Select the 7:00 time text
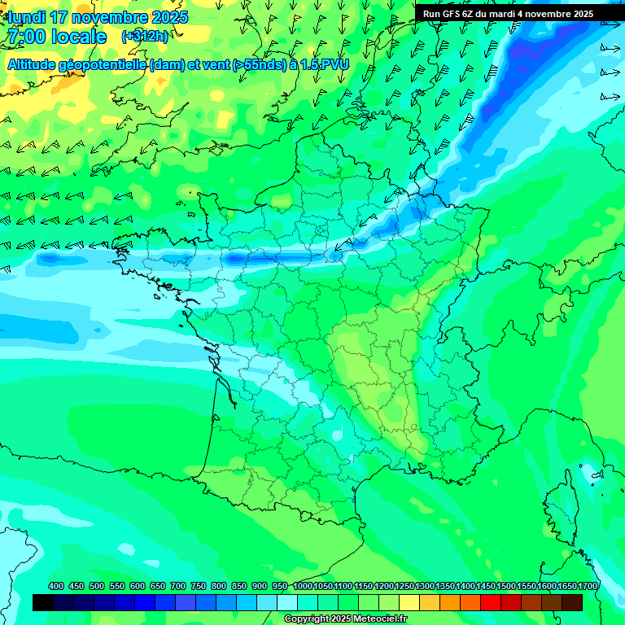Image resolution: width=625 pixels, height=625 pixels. [x=26, y=37]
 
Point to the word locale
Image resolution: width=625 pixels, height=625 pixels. [x=78, y=37]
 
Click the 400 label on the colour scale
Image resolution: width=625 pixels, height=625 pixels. [x=56, y=586]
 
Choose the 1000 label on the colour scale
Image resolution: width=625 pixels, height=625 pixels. [x=303, y=586]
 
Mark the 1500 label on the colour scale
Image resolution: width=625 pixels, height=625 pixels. [x=506, y=586]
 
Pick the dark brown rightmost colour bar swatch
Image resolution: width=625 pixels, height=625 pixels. [x=572, y=602]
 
